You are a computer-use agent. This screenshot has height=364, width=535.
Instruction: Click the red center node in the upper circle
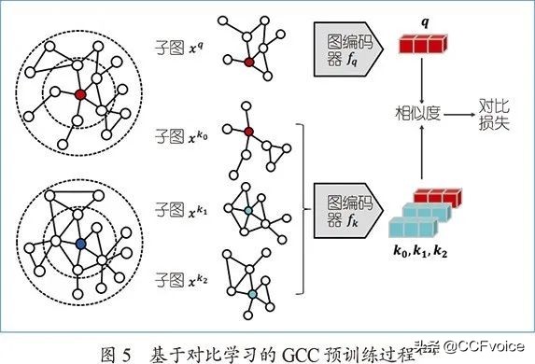pyautogui.click(x=80, y=95)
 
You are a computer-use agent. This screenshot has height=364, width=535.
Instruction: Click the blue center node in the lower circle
pyautogui.click(x=80, y=244)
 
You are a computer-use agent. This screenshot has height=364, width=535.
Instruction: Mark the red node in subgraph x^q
pyautogui.click(x=248, y=62)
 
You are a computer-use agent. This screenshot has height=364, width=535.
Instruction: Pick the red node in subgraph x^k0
pyautogui.click(x=248, y=132)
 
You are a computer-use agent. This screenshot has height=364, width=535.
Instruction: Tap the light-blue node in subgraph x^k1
pyautogui.click(x=247, y=212)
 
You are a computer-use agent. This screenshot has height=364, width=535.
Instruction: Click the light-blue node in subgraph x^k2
pyautogui.click(x=252, y=294)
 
